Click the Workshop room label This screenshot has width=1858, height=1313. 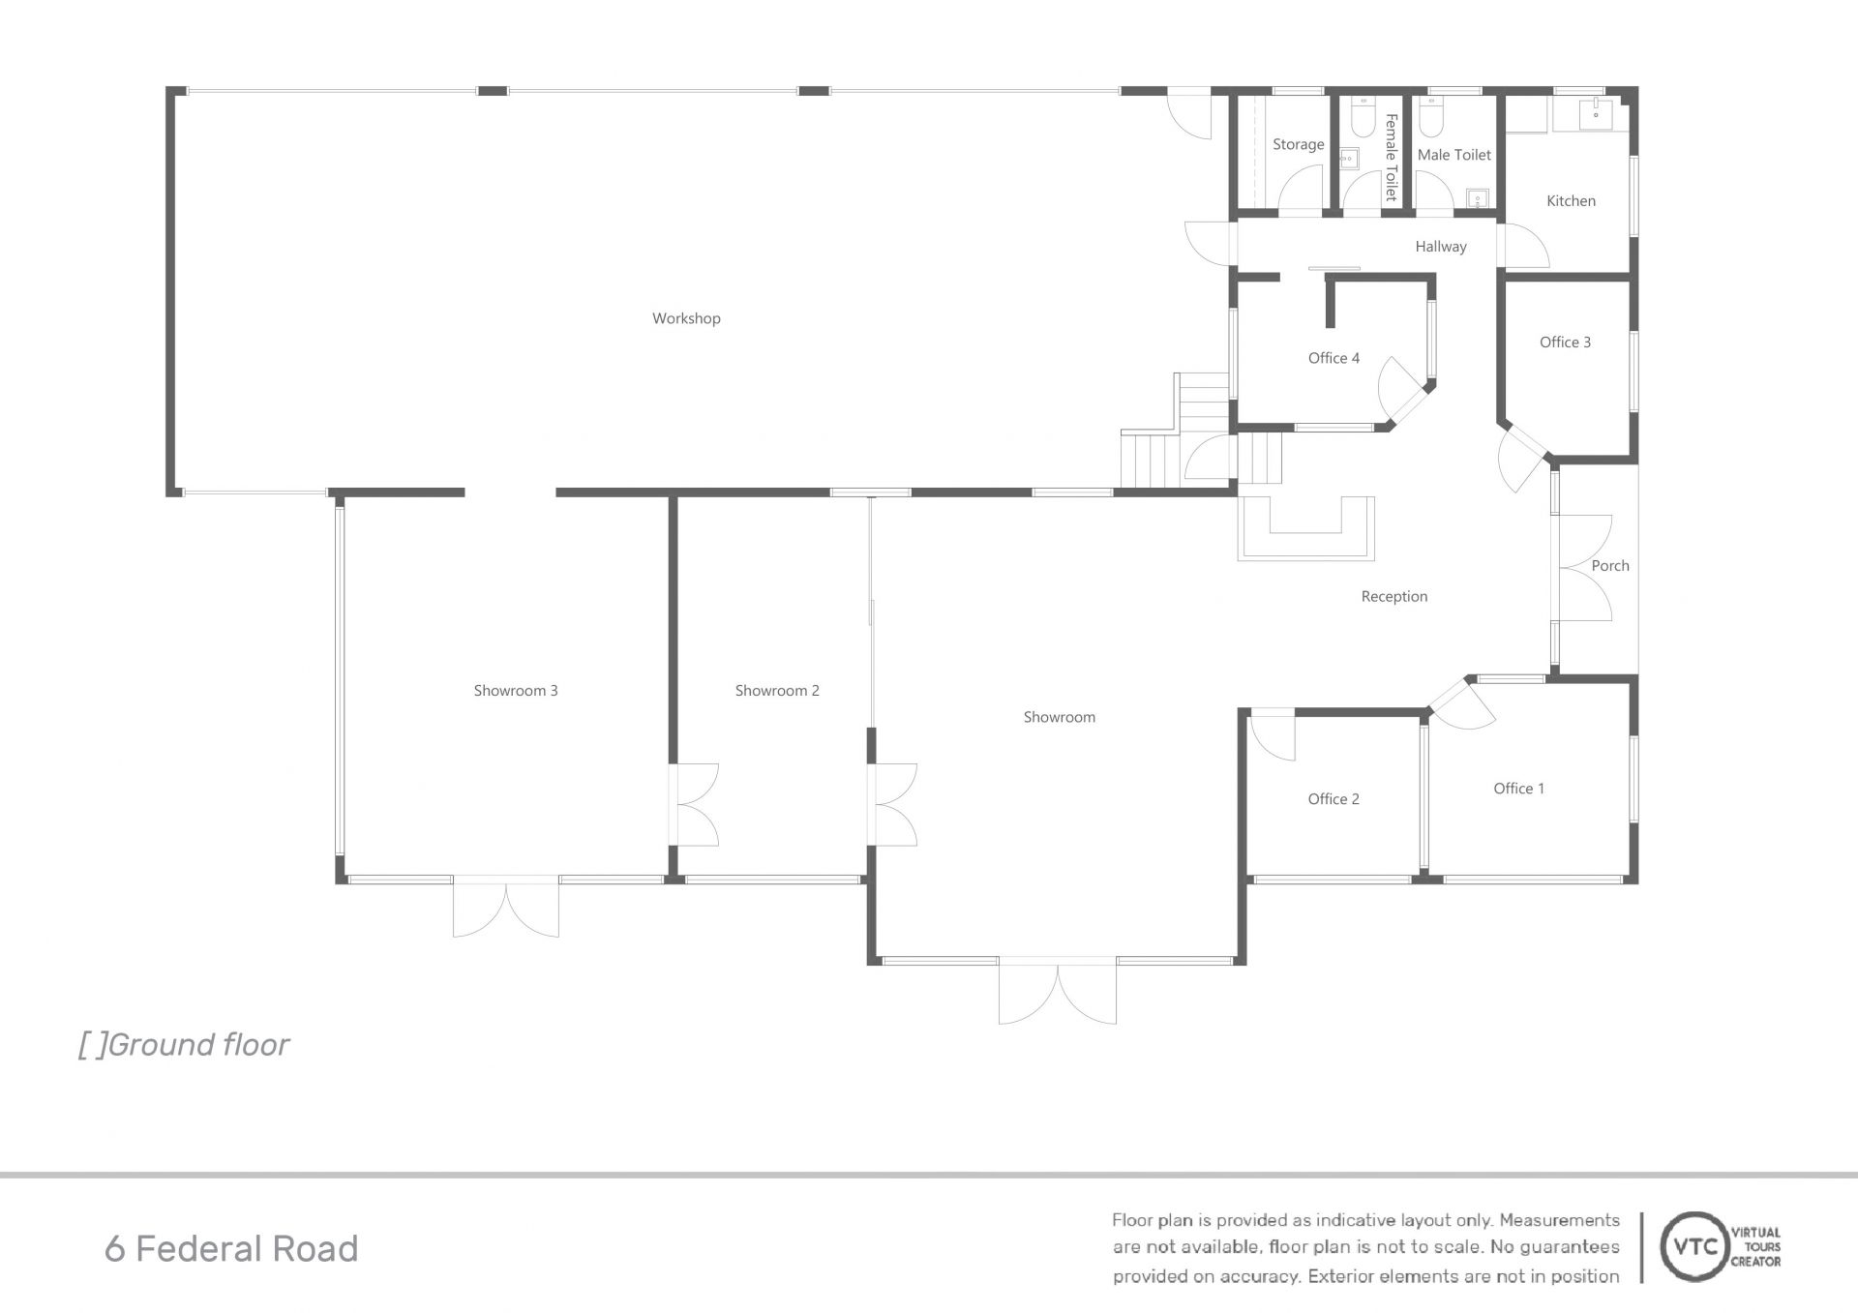(686, 318)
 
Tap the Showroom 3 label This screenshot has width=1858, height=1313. (516, 691)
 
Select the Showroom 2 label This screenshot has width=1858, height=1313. (777, 691)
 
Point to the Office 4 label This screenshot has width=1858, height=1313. (1334, 358)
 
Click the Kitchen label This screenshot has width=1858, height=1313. (1571, 201)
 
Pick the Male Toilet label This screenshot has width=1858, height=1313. (1453, 155)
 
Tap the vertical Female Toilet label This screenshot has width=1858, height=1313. (1392, 157)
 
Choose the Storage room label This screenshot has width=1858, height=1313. (1298, 145)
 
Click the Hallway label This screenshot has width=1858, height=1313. (1441, 247)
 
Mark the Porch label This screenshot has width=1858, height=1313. (1610, 566)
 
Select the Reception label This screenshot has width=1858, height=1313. (1393, 597)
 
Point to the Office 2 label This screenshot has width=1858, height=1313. (1334, 799)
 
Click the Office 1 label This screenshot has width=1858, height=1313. (1518, 789)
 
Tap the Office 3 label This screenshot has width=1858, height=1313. (1565, 343)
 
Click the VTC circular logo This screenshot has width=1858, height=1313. (1690, 1247)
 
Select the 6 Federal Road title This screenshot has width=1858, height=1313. (231, 1249)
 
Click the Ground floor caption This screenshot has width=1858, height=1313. (184, 1045)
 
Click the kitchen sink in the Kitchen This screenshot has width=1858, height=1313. (1594, 113)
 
